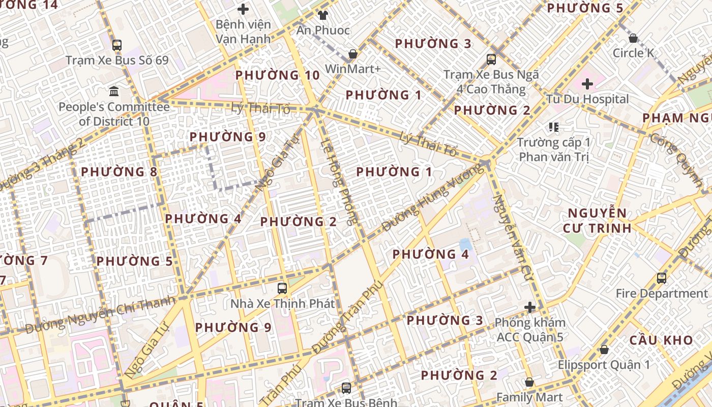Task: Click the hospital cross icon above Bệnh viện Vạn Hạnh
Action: point(243,9)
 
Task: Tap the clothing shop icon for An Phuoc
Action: point(322,15)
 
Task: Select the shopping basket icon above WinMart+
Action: point(352,53)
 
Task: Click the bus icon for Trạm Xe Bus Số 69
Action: point(117,45)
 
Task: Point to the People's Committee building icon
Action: point(114,92)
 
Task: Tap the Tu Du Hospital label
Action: point(587,99)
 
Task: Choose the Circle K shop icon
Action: point(633,38)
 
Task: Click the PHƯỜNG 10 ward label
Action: point(278,75)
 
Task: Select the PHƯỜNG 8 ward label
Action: point(120,171)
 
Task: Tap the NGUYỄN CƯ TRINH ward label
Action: point(597,220)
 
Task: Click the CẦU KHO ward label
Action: point(661,340)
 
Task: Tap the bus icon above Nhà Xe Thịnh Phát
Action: point(282,288)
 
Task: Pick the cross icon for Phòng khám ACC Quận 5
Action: point(530,307)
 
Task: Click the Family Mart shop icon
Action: point(529,382)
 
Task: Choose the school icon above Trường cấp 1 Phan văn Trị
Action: point(553,127)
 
